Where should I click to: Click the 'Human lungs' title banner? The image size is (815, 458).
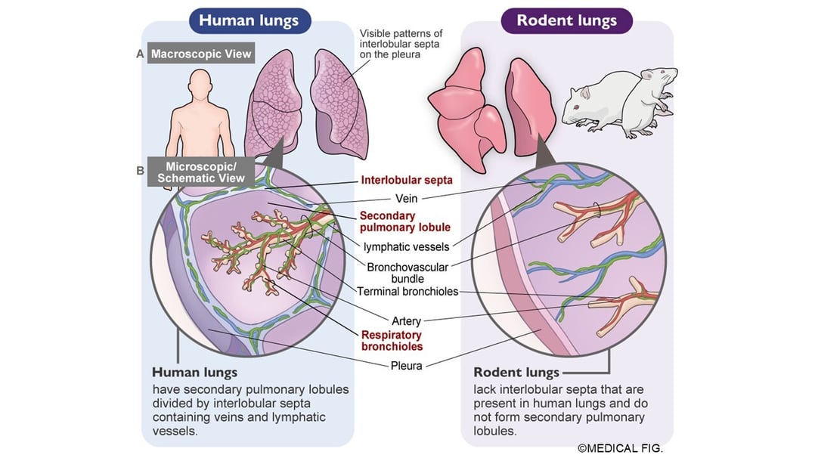tap(249, 20)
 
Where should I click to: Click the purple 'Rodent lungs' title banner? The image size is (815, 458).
tap(566, 20)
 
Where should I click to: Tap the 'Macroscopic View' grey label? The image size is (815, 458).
tap(200, 54)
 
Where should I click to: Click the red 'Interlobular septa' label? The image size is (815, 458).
tap(407, 180)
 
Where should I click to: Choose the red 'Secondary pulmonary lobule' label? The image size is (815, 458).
tap(405, 221)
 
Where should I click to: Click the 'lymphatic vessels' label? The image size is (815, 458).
tap(406, 246)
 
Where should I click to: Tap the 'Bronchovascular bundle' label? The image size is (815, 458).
tap(407, 272)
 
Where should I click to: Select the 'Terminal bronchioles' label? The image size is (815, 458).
tap(407, 292)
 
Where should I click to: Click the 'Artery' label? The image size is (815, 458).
tap(406, 321)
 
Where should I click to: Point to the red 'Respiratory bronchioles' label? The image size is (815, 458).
tap(392, 341)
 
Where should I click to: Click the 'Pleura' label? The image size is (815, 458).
tap(407, 367)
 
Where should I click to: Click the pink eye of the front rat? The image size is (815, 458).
tap(577, 107)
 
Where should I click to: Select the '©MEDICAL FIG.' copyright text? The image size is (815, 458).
tap(620, 448)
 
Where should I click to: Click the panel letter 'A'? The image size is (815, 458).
tap(140, 54)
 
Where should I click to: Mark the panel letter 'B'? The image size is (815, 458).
tap(140, 171)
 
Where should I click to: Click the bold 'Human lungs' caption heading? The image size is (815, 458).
tap(194, 373)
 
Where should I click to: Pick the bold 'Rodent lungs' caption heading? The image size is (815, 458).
tap(516, 373)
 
